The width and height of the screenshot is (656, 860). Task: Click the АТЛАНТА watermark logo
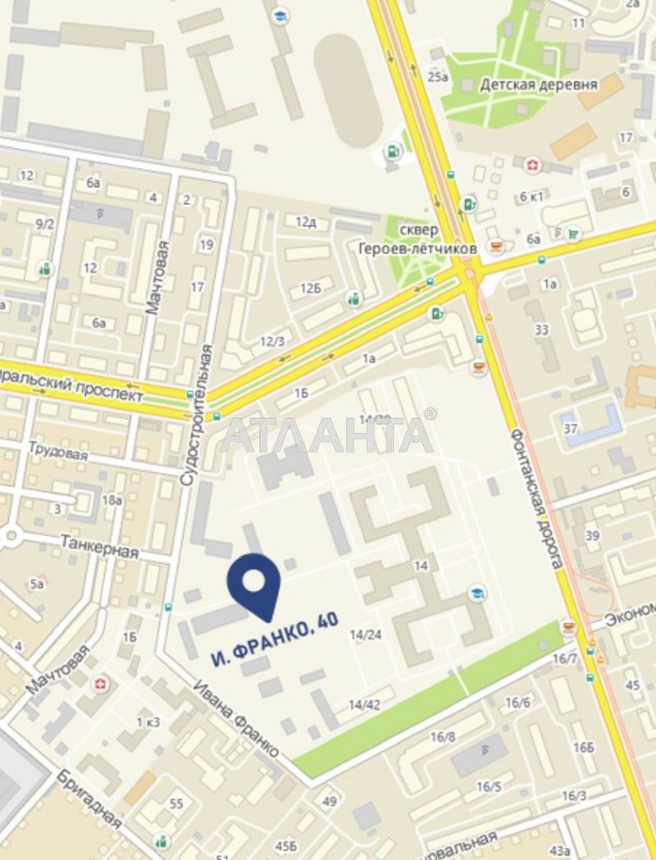[x=327, y=435]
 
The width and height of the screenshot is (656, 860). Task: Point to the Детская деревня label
[x=539, y=84]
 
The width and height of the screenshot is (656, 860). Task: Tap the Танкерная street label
[x=99, y=545]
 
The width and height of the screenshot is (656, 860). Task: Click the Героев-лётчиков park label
[x=417, y=247]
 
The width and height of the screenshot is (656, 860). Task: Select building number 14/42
[x=364, y=704]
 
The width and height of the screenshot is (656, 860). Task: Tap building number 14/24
[x=366, y=634]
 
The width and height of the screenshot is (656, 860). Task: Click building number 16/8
[x=442, y=736]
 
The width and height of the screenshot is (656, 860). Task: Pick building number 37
[x=571, y=429]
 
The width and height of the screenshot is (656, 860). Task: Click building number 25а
[x=439, y=77]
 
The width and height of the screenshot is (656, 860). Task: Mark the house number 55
[x=176, y=803]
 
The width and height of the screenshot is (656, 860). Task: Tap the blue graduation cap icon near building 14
[x=476, y=592]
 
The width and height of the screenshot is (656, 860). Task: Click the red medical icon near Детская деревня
[x=533, y=166]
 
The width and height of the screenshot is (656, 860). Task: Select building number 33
[x=541, y=330]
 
